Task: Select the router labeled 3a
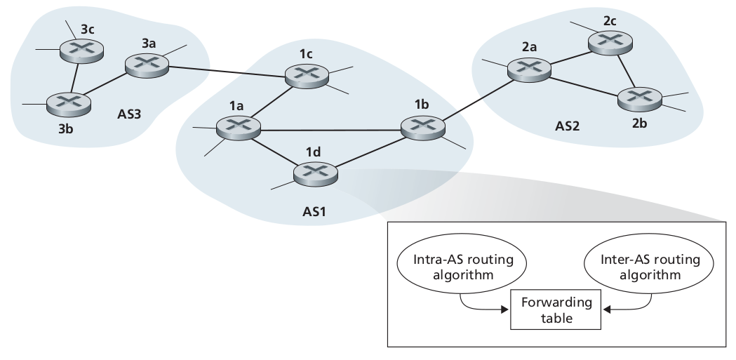pos(147,64)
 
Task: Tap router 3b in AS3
pos(69,104)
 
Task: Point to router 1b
pos(422,127)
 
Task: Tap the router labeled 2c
pos(609,41)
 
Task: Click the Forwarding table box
pos(556,309)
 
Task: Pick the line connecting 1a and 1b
pos(330,128)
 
